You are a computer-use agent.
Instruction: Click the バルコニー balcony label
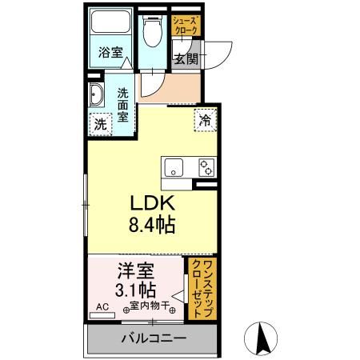[x=153, y=338]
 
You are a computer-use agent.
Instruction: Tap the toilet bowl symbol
[x=151, y=32]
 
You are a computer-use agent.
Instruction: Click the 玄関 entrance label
[x=186, y=59]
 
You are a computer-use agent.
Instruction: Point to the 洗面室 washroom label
[x=124, y=104]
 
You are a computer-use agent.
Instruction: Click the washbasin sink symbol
[x=97, y=94]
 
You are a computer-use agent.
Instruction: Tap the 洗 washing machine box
[x=99, y=124]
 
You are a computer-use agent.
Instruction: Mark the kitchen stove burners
[x=206, y=168]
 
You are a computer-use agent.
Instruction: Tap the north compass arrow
[x=260, y=337]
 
